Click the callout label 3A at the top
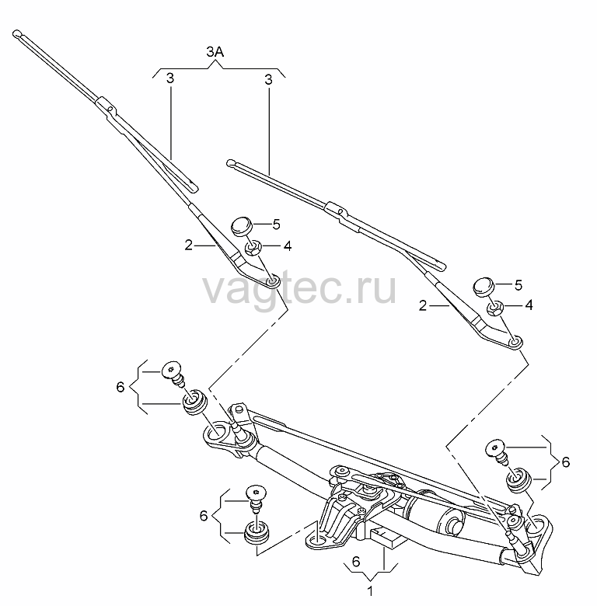(215, 52)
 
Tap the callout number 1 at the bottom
(370, 591)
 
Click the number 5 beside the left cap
(276, 225)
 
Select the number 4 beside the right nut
(529, 305)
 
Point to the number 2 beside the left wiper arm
(189, 245)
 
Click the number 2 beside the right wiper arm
(423, 305)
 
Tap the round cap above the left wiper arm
(242, 226)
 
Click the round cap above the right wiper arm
(484, 287)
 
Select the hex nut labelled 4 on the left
(254, 247)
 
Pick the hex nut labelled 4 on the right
(495, 308)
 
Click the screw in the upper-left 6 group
(173, 373)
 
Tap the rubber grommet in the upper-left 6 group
(195, 402)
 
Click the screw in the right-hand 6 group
(497, 451)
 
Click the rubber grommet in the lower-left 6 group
(257, 532)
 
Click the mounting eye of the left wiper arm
(273, 281)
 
